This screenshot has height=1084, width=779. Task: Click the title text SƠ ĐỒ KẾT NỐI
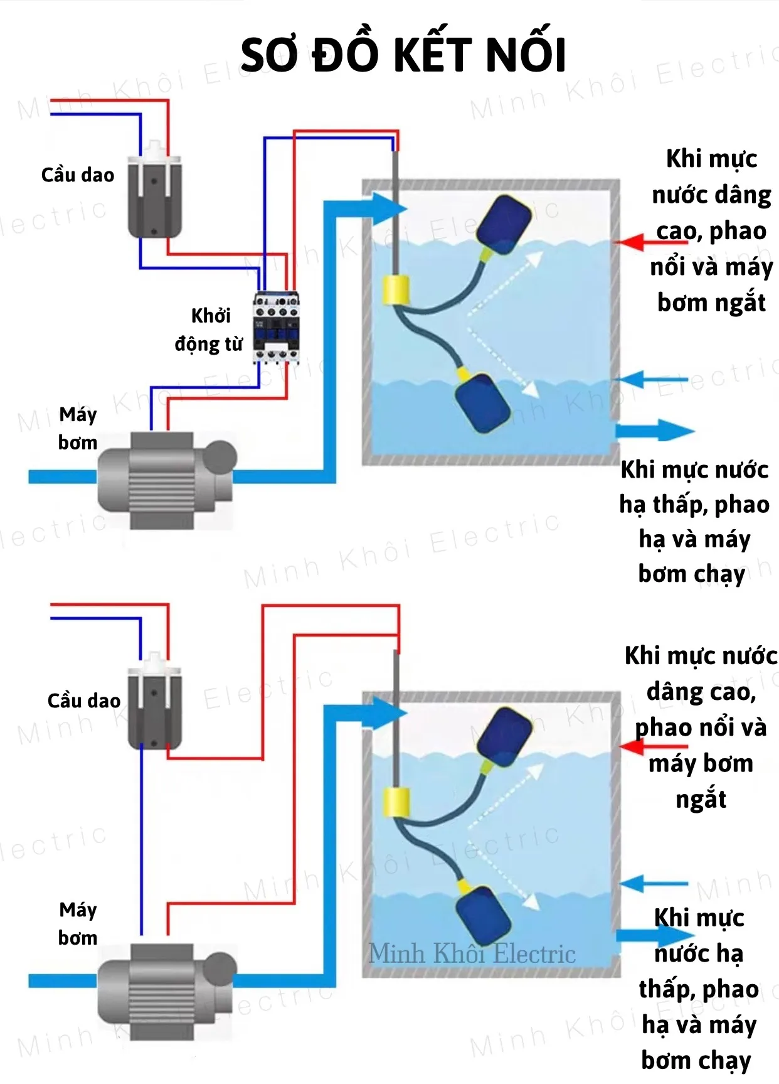coord(403,55)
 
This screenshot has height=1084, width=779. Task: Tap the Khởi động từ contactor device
coord(277,327)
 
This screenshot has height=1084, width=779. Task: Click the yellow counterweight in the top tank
coord(396,291)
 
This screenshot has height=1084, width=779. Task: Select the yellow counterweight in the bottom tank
coord(396,802)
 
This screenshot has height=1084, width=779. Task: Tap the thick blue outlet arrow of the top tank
coord(655,431)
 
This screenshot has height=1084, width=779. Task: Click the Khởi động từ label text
coord(209,330)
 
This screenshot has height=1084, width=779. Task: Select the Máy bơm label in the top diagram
coord(78,429)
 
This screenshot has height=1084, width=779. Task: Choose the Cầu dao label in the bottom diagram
coord(84,700)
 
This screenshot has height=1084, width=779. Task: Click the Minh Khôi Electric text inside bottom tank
coord(472,953)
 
